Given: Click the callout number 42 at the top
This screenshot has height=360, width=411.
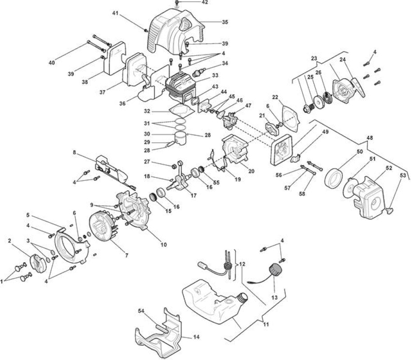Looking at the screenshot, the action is [x=205, y=2].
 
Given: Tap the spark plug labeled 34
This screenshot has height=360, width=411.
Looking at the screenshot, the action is [x=199, y=72].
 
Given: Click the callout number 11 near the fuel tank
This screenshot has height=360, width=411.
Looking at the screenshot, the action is [x=266, y=324].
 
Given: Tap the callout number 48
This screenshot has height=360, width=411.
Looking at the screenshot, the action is [x=370, y=138].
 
